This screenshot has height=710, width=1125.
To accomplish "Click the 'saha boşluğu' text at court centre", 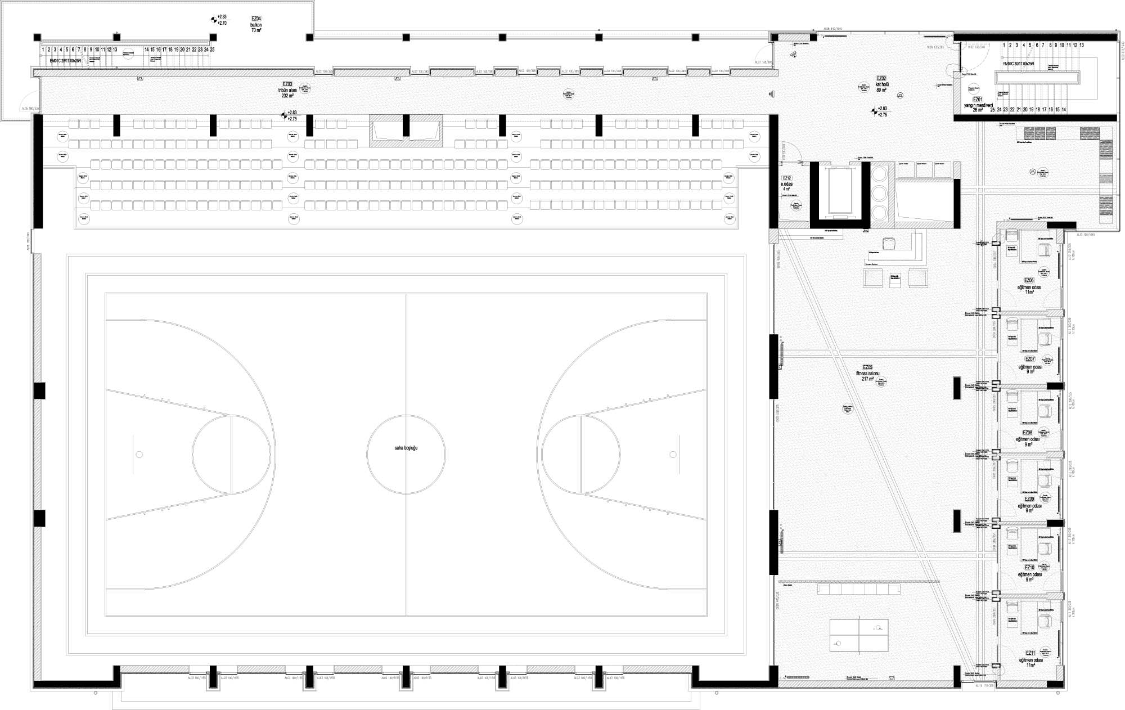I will click(x=406, y=448).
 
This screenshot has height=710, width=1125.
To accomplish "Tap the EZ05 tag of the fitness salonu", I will click(x=867, y=367).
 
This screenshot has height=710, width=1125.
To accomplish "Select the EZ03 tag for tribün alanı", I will click(x=287, y=84).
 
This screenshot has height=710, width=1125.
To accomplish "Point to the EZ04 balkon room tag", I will click(x=256, y=19).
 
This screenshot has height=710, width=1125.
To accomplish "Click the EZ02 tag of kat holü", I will click(x=881, y=78).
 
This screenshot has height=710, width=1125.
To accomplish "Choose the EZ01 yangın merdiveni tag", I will click(x=976, y=99).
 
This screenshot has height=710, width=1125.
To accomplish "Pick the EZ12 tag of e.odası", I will click(x=787, y=178).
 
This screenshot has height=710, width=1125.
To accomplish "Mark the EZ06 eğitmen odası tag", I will click(x=1029, y=280).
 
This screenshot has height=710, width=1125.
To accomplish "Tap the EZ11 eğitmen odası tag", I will click(x=1029, y=653).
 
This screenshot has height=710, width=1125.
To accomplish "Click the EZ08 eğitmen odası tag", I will click(x=1028, y=433).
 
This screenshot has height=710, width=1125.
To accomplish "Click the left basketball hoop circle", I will click(x=139, y=454).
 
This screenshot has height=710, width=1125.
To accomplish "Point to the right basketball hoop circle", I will click(x=673, y=454).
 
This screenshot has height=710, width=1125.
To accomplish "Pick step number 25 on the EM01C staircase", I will click(x=212, y=50).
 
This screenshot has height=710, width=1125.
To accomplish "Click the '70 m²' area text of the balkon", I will click(x=256, y=30).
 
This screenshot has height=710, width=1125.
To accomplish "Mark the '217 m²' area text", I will click(x=867, y=379).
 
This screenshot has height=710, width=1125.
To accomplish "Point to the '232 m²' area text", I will click(x=288, y=96).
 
